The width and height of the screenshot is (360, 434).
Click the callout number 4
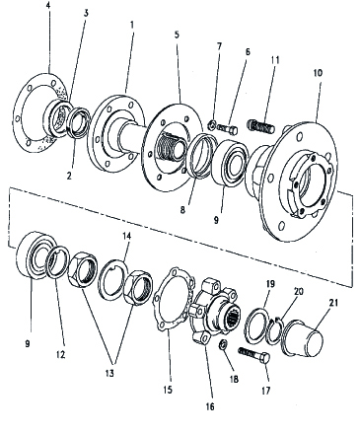pyautogui.click(x=48, y=7)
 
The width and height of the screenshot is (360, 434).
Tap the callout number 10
pyautogui.click(x=318, y=73)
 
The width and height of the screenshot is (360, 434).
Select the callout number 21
pyautogui.click(x=333, y=303)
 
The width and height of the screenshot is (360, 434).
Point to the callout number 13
pyautogui.click(x=109, y=373)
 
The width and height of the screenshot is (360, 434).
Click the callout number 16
pyautogui.click(x=210, y=406)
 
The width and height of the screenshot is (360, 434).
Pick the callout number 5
pyautogui.click(x=177, y=35)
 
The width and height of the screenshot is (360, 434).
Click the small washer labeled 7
pyautogui.click(x=212, y=125)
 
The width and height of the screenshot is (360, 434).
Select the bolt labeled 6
pyautogui.click(x=228, y=129)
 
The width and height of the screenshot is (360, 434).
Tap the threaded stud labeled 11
pyautogui.click(x=261, y=126)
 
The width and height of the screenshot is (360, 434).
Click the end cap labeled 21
pyautogui.click(x=303, y=338)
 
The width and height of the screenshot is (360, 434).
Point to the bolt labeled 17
pyautogui.click(x=253, y=355)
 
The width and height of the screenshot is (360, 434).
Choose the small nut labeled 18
pyautogui.click(x=224, y=344)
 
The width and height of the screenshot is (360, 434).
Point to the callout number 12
pyautogui.click(x=61, y=354)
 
